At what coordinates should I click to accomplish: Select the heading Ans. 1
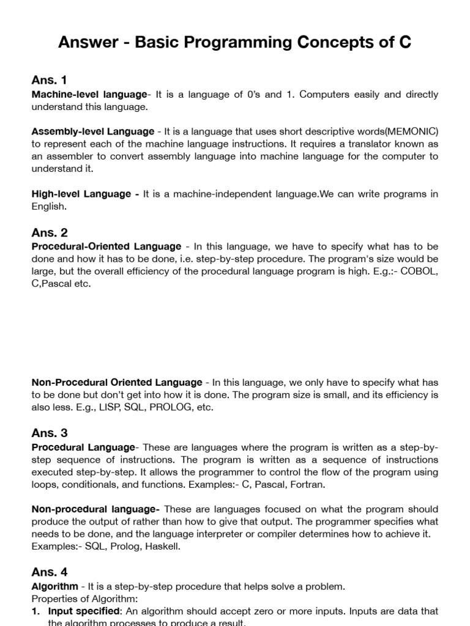(x=49, y=80)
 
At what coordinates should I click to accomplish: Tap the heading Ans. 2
(x=50, y=232)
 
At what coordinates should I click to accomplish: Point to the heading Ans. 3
(x=50, y=433)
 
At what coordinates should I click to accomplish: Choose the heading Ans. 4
(x=50, y=572)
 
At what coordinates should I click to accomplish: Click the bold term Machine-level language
(x=89, y=95)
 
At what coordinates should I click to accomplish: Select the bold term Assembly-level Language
(x=93, y=131)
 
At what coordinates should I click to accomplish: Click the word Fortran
(x=307, y=485)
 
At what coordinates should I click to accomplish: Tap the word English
(x=48, y=207)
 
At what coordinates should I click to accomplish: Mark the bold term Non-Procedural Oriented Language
(x=117, y=383)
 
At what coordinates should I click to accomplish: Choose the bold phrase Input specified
(x=84, y=611)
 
